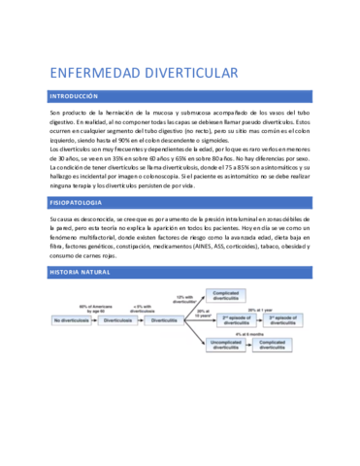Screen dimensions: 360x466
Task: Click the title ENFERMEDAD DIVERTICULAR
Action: tap(143, 72)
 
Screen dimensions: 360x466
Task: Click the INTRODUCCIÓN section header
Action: tap(74, 97)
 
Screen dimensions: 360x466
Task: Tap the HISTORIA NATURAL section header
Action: tap(82, 273)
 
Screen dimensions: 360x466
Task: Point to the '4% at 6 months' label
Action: tap(255, 334)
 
